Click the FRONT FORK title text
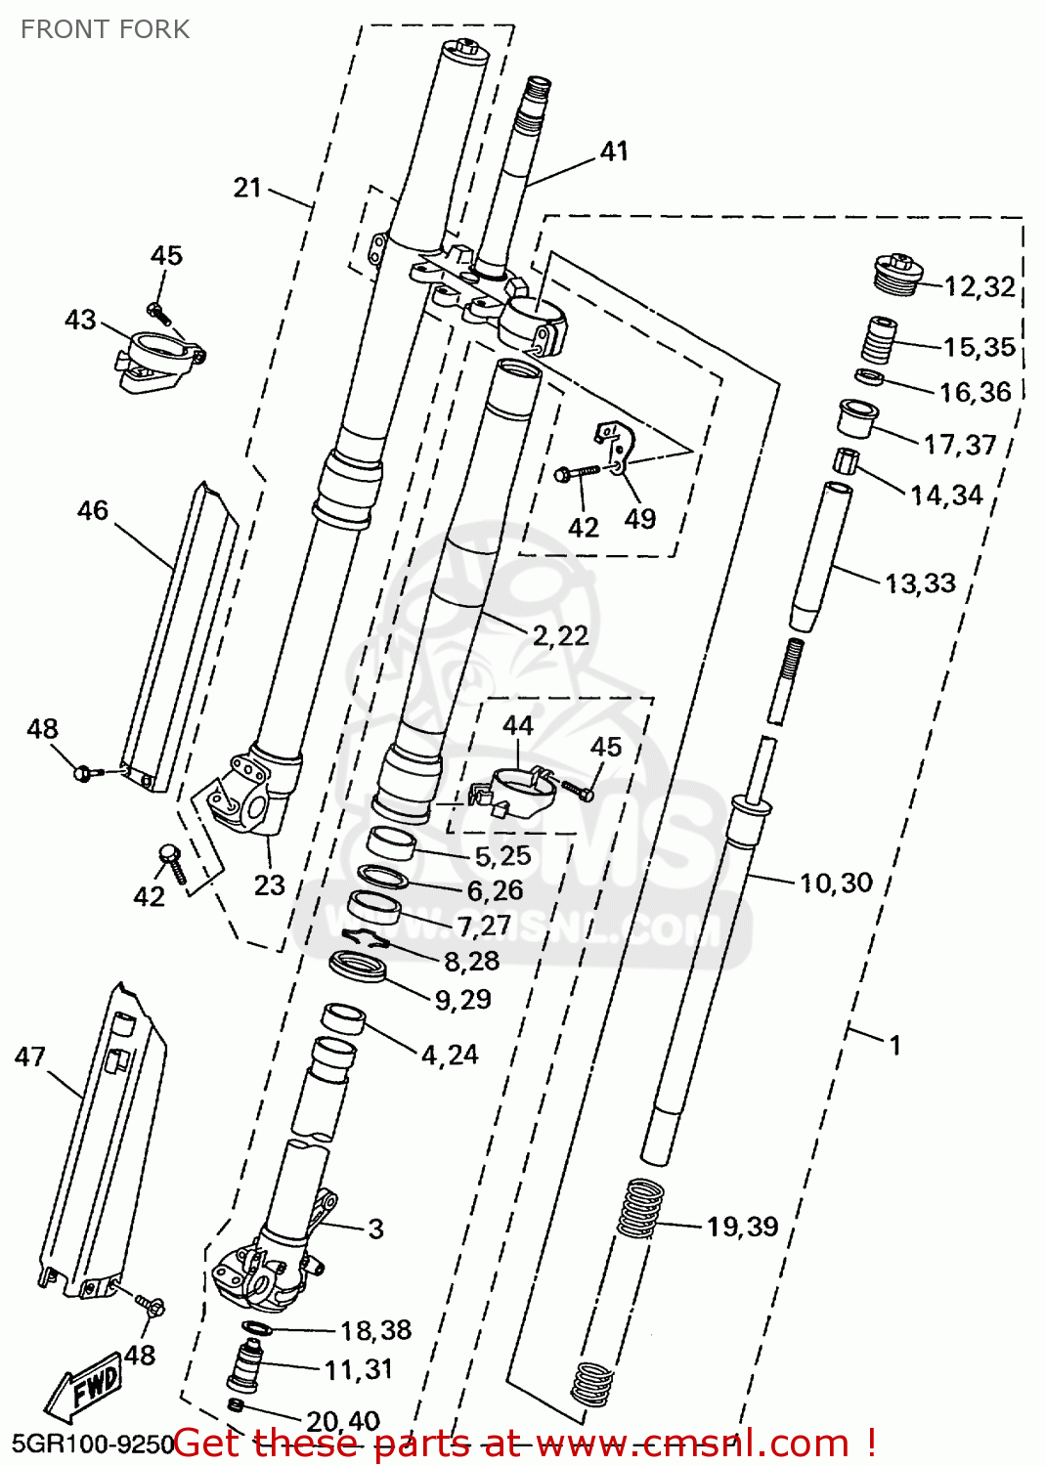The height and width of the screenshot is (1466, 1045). point(105,29)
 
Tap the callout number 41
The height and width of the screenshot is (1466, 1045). point(614,151)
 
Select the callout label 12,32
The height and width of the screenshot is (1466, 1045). point(980,286)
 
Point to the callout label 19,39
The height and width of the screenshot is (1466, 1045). point(742,1227)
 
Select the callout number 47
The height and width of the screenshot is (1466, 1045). point(30,1056)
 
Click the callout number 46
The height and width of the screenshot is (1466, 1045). point(93,510)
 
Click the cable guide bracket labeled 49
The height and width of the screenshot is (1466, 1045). point(614,445)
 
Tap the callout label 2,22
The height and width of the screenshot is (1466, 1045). point(560,636)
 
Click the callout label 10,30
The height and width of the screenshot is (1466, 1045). point(836,884)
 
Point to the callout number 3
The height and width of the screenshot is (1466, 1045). point(375,1229)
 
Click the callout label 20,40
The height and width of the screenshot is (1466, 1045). point(343,1421)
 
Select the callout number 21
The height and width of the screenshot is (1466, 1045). point(248,188)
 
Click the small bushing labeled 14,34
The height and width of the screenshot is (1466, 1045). point(845,459)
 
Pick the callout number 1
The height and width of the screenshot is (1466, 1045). point(894,1046)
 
